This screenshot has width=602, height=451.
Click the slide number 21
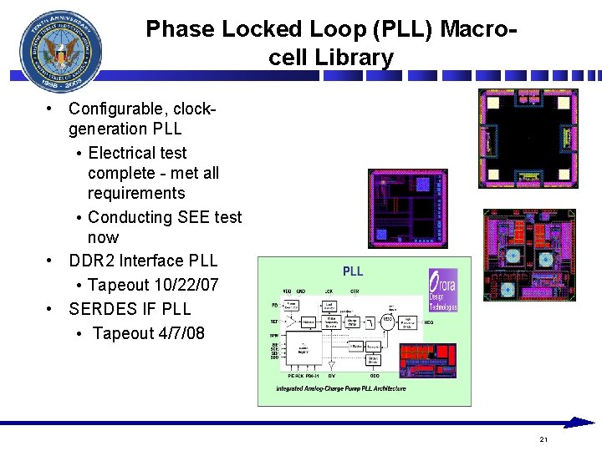pyautogui.click(x=543, y=438)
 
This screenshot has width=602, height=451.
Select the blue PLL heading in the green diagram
pyautogui.click(x=353, y=271)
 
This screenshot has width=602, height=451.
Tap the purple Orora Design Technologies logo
pyautogui.click(x=442, y=291)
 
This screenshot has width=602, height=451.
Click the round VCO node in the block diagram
pyautogui.click(x=388, y=320)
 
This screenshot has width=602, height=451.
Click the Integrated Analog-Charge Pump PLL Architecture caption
pyautogui.click(x=340, y=388)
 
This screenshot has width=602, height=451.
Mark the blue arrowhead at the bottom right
pyautogui.click(x=579, y=423)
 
